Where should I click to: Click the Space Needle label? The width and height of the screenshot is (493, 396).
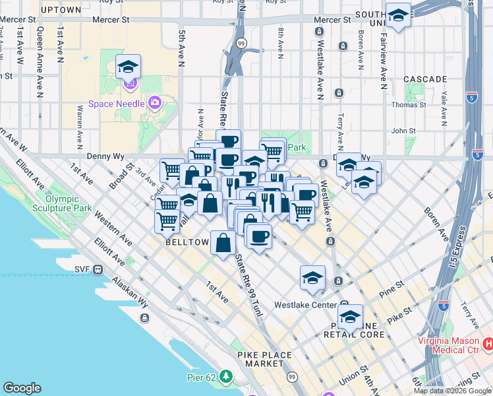(x=118, y=104)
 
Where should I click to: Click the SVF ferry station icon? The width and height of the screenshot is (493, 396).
(x=98, y=269)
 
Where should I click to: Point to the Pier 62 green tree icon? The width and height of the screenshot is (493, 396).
(x=226, y=376)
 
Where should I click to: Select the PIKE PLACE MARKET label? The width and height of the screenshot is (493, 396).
(x=264, y=359)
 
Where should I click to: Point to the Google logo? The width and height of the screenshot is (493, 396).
(x=22, y=388)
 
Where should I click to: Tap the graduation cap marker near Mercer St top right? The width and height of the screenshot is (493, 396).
(x=398, y=16)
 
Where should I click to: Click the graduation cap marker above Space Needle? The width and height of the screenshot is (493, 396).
(x=128, y=67)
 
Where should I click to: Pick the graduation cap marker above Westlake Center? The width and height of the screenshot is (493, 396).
(x=312, y=278)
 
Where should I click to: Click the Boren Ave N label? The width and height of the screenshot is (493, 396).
(x=361, y=50)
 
